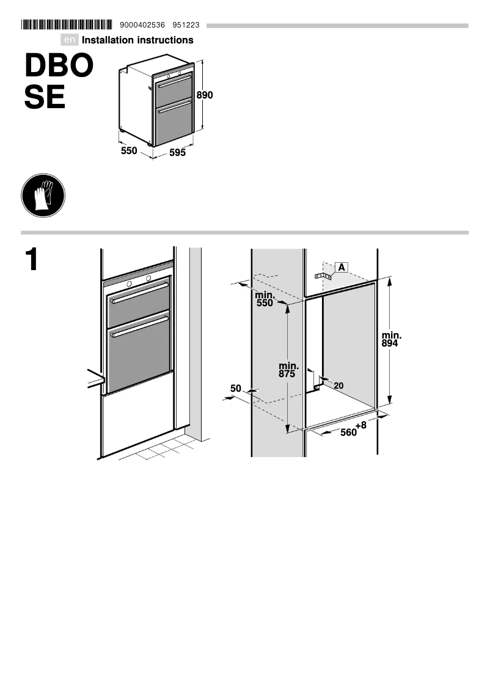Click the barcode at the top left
coord(67,25)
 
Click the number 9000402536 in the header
coord(143,25)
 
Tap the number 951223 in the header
coord(186,25)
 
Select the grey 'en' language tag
coord(70,40)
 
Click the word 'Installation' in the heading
coord(110,40)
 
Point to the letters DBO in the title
coord(59,66)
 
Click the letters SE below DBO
coord(45,98)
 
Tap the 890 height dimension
coord(205,95)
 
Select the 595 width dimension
coord(177,153)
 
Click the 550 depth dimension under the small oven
coord(129,150)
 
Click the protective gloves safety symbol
coord(43,196)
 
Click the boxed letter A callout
coord(342,267)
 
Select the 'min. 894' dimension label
coord(391,340)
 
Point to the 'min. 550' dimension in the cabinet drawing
coord(265,299)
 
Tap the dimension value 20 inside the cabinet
coord(338,386)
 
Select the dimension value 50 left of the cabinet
coord(236,388)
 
